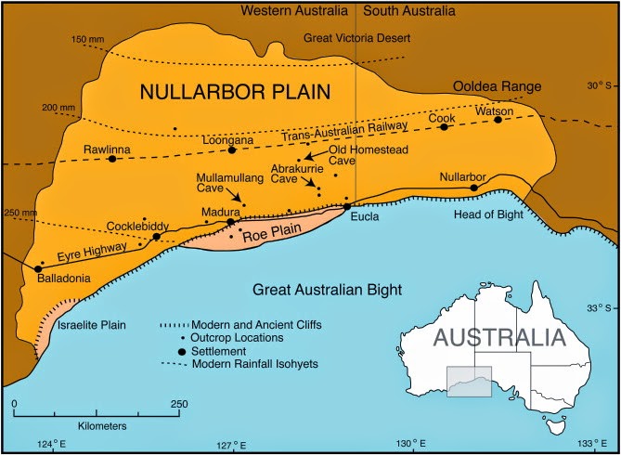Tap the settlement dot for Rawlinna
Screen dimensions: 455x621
[x=112, y=159]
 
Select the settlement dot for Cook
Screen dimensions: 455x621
[x=444, y=127]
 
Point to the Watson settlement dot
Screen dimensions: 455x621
[x=498, y=119]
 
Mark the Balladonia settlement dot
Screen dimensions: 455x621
[x=37, y=268]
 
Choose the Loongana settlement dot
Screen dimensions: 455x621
[x=232, y=149]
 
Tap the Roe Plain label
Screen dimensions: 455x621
[x=268, y=236]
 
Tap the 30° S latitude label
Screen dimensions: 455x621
[x=594, y=85]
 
